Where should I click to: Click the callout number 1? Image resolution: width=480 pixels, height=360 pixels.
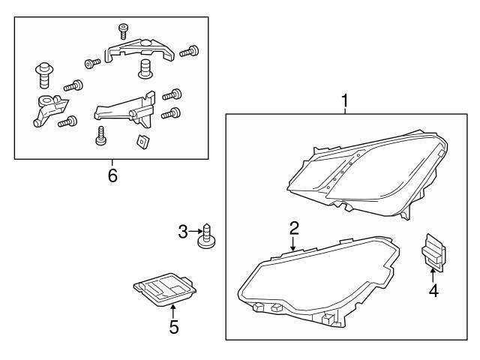coord(345,100)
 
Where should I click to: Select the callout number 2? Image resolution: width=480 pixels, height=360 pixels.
coord(294,228)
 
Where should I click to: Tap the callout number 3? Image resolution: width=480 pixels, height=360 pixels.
coord(183,232)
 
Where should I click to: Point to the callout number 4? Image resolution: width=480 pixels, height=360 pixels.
coord(433,290)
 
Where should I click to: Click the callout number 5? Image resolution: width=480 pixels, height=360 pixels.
coord(173,327)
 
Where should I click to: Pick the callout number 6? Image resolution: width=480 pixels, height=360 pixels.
coord(112,175)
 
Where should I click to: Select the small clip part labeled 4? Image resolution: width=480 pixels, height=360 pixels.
coord(433,252)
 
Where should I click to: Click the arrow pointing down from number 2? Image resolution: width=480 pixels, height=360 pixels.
coord(293,244)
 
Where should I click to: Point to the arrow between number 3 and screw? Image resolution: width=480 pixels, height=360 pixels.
coord(196,231)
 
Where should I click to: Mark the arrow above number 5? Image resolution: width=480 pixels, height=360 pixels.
coord(173,311)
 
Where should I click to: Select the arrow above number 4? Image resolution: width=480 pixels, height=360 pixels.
coord(433,274)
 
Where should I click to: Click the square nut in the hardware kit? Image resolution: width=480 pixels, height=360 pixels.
coord(142,142)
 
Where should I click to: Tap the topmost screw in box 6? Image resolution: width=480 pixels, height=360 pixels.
coord(123,31)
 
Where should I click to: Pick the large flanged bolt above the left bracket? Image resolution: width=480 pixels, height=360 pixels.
coord(44,75)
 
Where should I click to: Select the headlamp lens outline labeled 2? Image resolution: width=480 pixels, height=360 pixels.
coord(319,281)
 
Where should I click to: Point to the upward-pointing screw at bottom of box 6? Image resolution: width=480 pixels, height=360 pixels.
coord(100,136)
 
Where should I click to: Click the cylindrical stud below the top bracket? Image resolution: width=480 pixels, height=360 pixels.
coord(145,68)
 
